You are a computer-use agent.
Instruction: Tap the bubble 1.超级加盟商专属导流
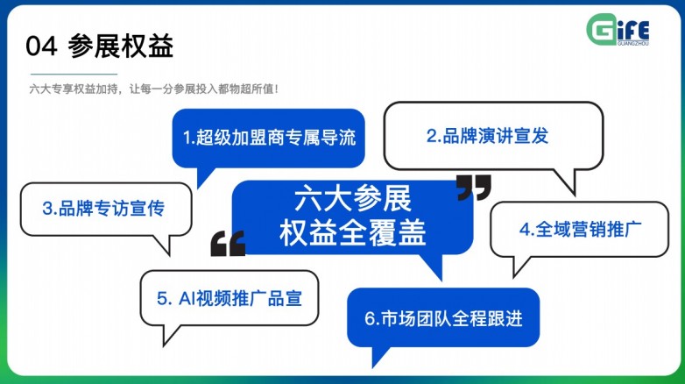pos(267,138)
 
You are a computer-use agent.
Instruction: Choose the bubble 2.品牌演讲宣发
pos(493,136)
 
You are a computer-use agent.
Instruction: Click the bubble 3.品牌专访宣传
pos(104,209)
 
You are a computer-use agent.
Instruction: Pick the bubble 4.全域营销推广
pos(581,229)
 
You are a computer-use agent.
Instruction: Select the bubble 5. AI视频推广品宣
pos(230,298)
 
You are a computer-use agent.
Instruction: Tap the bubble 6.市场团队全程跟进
pos(443,318)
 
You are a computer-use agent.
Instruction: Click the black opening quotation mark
pos(228,245)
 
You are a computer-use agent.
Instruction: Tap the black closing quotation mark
pos(474,187)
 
